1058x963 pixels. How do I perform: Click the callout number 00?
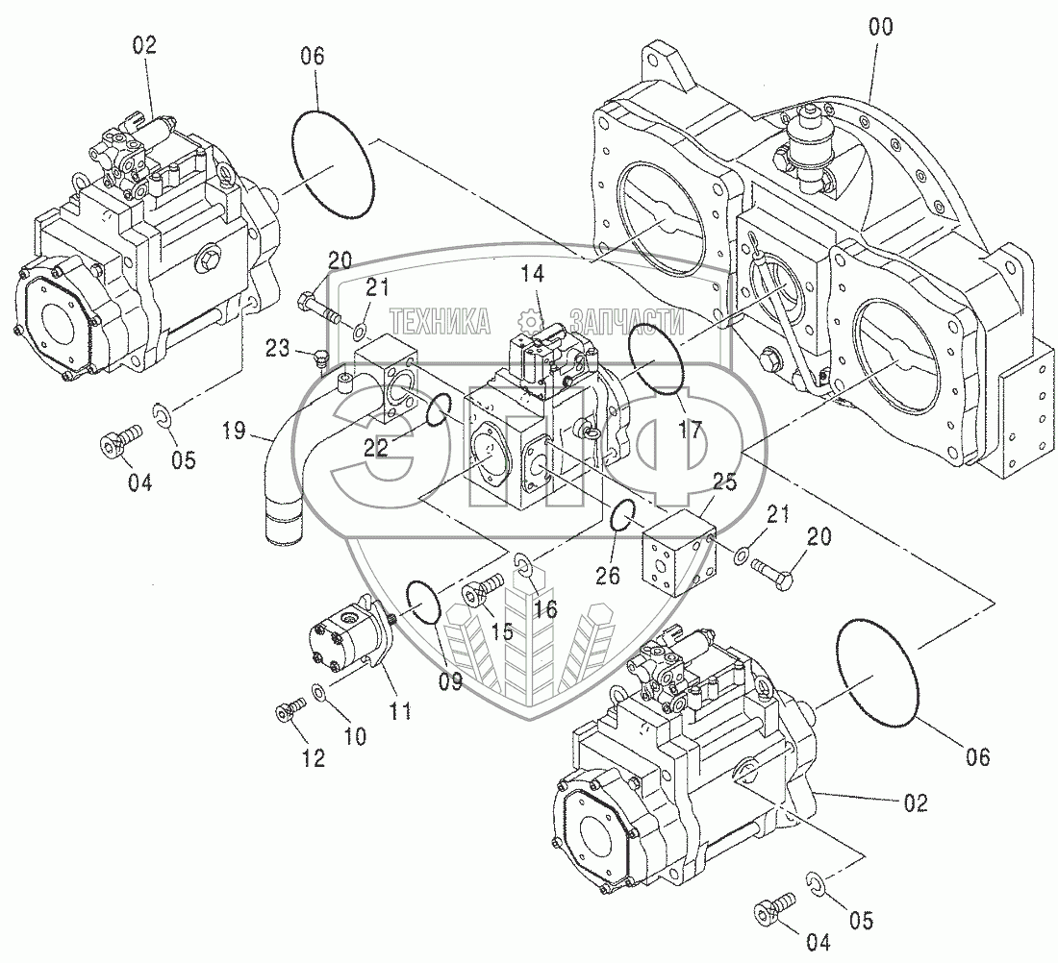(x=880, y=28)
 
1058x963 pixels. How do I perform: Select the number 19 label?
(x=234, y=431)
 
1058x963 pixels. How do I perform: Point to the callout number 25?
(x=724, y=482)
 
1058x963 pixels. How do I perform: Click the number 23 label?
(x=277, y=349)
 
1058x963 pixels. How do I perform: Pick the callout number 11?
(x=400, y=711)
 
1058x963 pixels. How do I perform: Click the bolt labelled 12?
(x=290, y=708)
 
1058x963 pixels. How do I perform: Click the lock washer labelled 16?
(x=523, y=565)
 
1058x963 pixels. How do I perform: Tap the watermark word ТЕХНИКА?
(x=441, y=321)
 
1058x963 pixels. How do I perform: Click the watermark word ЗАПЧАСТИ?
(x=627, y=321)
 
